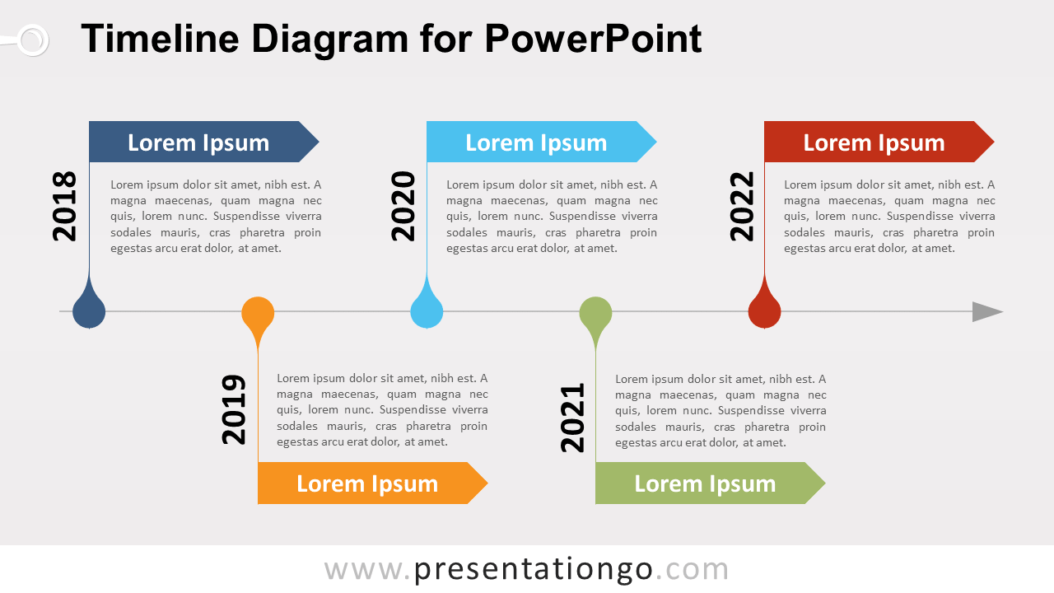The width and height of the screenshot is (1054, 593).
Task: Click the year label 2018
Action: (x=64, y=206)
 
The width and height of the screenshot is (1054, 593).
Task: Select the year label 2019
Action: (x=234, y=409)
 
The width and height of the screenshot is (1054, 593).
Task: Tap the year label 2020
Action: (x=403, y=206)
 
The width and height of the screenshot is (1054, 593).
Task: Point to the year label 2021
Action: (x=572, y=417)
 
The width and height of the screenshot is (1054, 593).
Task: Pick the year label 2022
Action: (x=742, y=206)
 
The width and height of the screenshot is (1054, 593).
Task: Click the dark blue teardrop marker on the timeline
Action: (x=89, y=311)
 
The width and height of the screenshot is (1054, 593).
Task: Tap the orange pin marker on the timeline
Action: (x=258, y=314)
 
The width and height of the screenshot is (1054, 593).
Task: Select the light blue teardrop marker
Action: (x=427, y=311)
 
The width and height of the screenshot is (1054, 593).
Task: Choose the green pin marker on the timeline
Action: (x=595, y=314)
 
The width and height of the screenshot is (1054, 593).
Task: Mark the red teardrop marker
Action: (x=764, y=311)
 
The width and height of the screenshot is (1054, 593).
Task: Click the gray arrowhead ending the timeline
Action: (x=986, y=311)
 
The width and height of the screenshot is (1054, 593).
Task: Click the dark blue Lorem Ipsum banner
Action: (x=198, y=142)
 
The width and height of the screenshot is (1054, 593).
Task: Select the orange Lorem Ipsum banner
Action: (x=367, y=483)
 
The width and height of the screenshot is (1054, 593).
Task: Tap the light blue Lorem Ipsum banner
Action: (x=536, y=142)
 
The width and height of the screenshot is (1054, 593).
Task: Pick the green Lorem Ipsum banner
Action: (x=705, y=483)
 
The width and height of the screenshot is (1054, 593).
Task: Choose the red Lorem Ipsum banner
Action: (x=874, y=142)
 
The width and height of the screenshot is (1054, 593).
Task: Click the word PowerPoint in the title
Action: (x=593, y=39)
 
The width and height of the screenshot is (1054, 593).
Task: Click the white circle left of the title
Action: (x=32, y=40)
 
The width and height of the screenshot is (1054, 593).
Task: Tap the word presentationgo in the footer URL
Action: (x=534, y=569)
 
